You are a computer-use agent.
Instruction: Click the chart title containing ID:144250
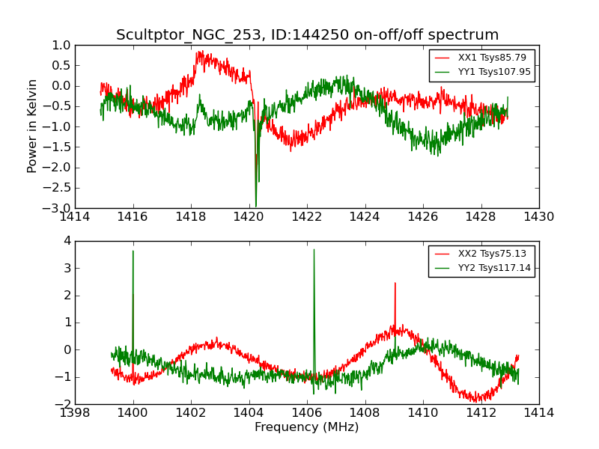click(307, 35)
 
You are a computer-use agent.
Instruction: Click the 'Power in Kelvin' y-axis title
click(32, 126)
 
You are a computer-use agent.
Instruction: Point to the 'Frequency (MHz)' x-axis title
click(307, 427)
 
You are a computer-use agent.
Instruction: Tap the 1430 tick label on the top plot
click(538, 217)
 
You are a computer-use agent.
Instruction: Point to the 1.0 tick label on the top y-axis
click(61, 45)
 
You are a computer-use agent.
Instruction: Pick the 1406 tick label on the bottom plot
click(307, 413)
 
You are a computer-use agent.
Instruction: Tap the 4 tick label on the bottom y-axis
click(67, 241)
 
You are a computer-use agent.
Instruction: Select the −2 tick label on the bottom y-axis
click(64, 404)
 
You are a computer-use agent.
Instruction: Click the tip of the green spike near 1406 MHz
click(314, 249)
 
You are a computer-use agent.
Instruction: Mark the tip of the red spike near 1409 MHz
click(395, 283)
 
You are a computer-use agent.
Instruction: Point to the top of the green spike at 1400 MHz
click(133, 251)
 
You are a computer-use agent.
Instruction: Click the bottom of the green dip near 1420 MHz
click(255, 207)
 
